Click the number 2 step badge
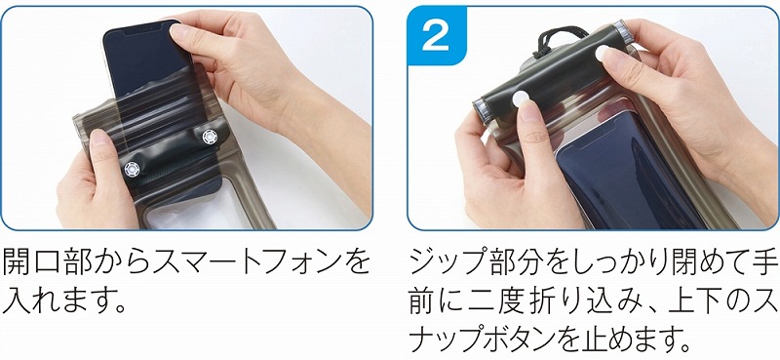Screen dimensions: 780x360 tap(436, 35)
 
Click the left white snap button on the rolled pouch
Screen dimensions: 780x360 tap(520, 98)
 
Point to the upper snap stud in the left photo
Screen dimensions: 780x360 tap(210, 137)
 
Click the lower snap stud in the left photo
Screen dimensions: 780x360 tap(132, 170)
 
